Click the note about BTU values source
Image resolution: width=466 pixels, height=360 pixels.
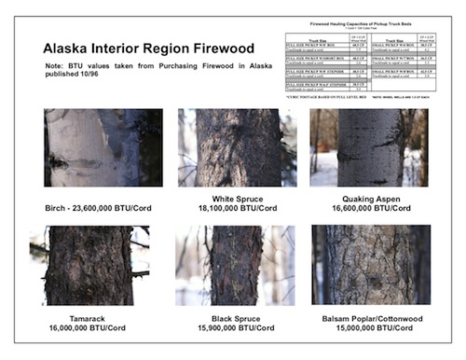tap(144, 72)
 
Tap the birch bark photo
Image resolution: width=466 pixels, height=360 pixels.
tap(103, 147)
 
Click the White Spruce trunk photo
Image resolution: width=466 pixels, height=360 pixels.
tap(237, 147)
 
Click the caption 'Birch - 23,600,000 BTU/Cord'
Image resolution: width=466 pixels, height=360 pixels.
tap(103, 205)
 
